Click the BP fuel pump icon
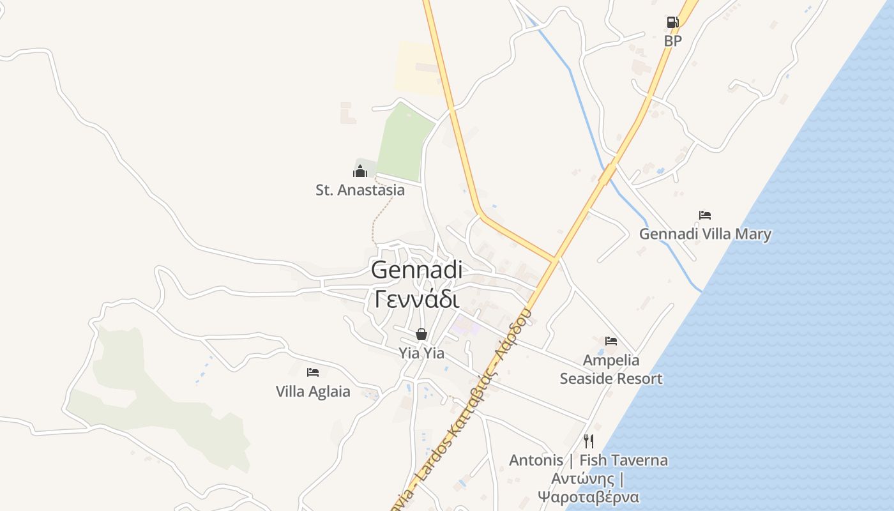pyautogui.click(x=672, y=23)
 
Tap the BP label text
pyautogui.click(x=673, y=41)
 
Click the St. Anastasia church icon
pyautogui.click(x=360, y=171)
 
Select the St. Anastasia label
pyautogui.click(x=360, y=190)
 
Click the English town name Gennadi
pyautogui.click(x=416, y=270)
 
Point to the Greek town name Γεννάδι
pyautogui.click(x=416, y=298)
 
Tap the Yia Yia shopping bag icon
pyautogui.click(x=421, y=334)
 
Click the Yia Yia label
pyautogui.click(x=421, y=353)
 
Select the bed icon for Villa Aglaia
pyautogui.click(x=313, y=372)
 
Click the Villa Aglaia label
pyautogui.click(x=313, y=391)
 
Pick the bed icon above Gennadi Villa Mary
pyautogui.click(x=705, y=215)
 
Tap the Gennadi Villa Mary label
pyautogui.click(x=705, y=234)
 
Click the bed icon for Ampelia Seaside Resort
pyautogui.click(x=611, y=341)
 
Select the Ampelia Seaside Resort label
pyautogui.click(x=611, y=369)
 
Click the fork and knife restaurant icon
pyautogui.click(x=589, y=441)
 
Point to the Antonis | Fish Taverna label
pyautogui.click(x=588, y=460)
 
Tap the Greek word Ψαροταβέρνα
pyautogui.click(x=588, y=497)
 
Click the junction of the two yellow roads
pyautogui.click(x=554, y=260)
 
